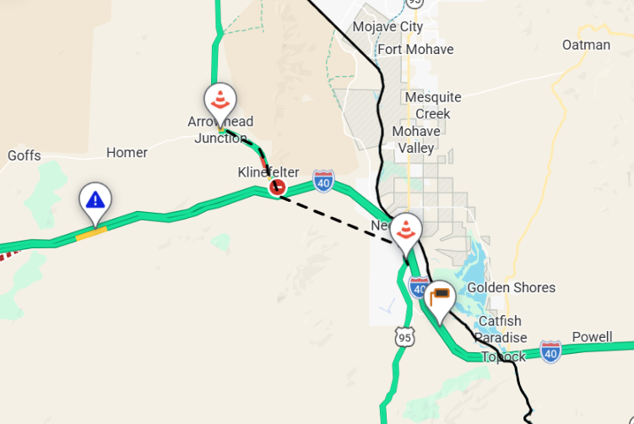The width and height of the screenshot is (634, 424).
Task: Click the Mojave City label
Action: coord(387,26)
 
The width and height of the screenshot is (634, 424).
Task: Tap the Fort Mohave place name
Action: coord(415,49)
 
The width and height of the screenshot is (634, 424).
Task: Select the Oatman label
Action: coord(586,45)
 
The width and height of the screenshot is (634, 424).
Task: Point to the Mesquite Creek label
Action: coord(433,106)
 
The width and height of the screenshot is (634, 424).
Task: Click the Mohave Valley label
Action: coord(416,139)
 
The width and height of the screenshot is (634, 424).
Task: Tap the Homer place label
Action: coord(127,153)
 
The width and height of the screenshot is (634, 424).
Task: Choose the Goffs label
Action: coord(24,155)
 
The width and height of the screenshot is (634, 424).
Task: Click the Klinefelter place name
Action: coord(268,172)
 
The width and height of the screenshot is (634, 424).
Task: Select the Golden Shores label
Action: coord(512,287)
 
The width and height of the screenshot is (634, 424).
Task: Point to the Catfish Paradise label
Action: coord(501,329)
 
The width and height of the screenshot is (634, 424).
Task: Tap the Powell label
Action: coord(592,336)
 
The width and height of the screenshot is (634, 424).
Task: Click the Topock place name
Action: coord(504,356)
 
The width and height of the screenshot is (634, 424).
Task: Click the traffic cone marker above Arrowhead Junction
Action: coord(219,101)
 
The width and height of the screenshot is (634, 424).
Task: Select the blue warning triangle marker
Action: coord(95,200)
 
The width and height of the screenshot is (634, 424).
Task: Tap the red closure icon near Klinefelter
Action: coord(276,188)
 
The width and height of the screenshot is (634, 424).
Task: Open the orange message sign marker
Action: coord(439,297)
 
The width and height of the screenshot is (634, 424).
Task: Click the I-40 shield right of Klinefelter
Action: coord(323,181)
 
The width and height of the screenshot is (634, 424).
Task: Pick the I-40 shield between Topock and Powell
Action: coord(550,351)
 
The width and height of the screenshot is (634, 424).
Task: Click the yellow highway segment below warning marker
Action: coord(91,232)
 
